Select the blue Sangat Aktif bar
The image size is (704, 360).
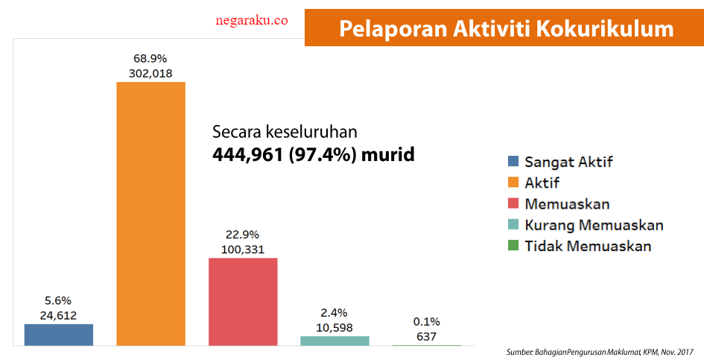tap(58, 335)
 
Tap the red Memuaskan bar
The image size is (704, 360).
tap(243, 301)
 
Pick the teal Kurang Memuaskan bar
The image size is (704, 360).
tap(334, 341)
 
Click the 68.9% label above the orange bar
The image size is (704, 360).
tap(150, 57)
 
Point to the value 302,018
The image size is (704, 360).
tap(150, 73)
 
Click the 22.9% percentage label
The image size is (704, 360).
tap(243, 234)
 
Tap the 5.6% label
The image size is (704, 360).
tap(58, 300)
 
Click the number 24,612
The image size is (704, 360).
tap(58, 315)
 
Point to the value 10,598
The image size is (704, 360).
tap(334, 327)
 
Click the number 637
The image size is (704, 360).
tap(427, 336)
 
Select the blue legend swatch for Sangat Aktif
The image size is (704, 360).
tap(513, 161)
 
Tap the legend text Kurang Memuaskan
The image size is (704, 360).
tap(594, 225)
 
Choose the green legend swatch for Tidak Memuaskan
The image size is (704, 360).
tap(513, 246)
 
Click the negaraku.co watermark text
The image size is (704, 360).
tap(251, 22)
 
